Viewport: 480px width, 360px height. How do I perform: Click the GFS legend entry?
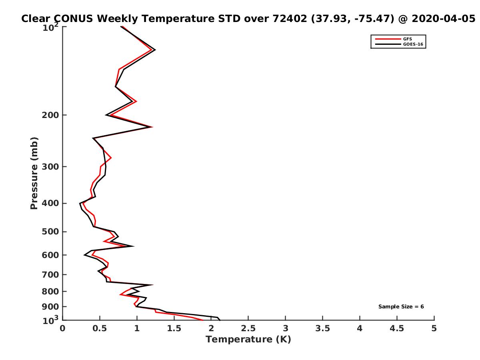tap(407, 39)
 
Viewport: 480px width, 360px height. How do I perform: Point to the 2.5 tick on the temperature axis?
tap(248, 329)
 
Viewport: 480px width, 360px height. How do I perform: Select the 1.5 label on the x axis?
tap(174, 329)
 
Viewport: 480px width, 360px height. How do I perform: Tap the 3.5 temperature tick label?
tap(323, 329)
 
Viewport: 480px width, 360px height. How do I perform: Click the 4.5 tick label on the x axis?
tap(397, 329)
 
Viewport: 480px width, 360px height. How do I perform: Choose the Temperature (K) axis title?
tap(248, 340)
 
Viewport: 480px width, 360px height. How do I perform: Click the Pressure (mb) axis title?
tap(34, 173)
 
